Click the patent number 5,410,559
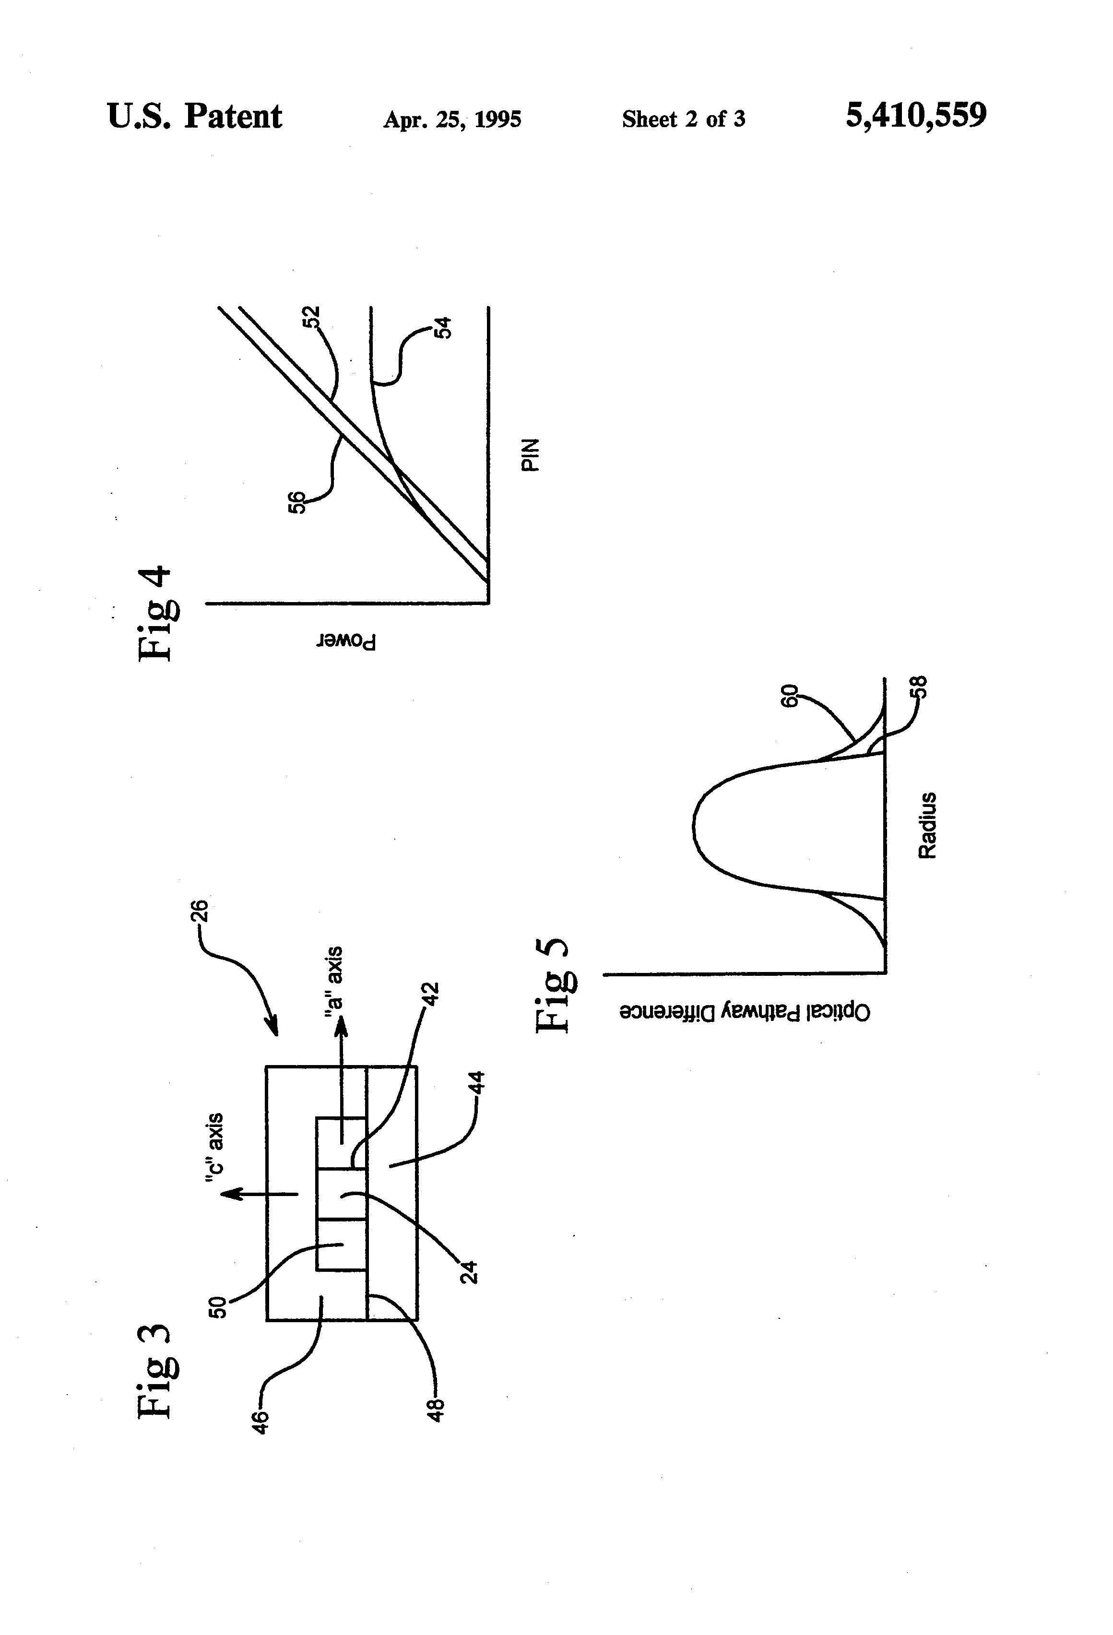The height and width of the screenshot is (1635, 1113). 915,115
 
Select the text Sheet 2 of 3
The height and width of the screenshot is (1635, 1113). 683,119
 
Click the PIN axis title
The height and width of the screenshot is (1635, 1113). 531,454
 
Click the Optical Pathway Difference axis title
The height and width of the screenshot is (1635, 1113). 745,1012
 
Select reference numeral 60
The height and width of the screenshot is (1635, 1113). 791,696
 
